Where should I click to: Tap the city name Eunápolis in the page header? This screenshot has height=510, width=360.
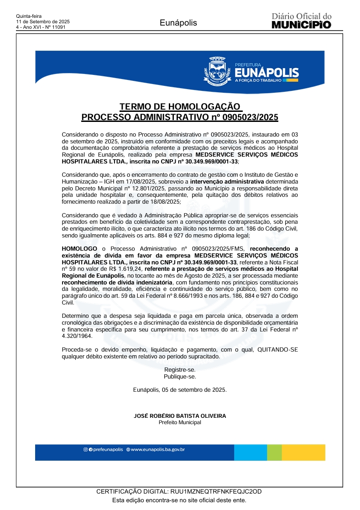tap(178, 23)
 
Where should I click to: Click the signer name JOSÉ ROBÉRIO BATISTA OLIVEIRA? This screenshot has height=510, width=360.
tap(180, 416)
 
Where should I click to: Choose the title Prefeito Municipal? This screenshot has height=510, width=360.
tap(180, 422)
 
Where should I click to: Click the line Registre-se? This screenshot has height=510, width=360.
tap(180, 369)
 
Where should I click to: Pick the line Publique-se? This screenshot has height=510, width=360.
tap(180, 377)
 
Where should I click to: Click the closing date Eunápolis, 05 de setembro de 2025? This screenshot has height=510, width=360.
tap(180, 390)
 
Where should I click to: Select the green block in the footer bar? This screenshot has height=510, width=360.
tap(274, 452)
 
